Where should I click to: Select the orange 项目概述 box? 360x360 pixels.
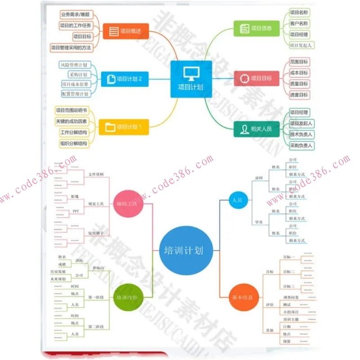[126, 31]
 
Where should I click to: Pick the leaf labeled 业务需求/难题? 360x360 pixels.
[75, 14]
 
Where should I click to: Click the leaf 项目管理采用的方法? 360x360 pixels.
[71, 47]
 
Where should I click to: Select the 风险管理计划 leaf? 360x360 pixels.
[75, 65]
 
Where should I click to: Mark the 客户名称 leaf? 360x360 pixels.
[299, 23]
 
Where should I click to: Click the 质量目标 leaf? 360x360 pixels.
[299, 84]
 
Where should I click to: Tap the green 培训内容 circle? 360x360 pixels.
[127, 297]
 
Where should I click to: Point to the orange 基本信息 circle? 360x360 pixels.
[243, 297]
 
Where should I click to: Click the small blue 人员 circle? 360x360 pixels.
[237, 200]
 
